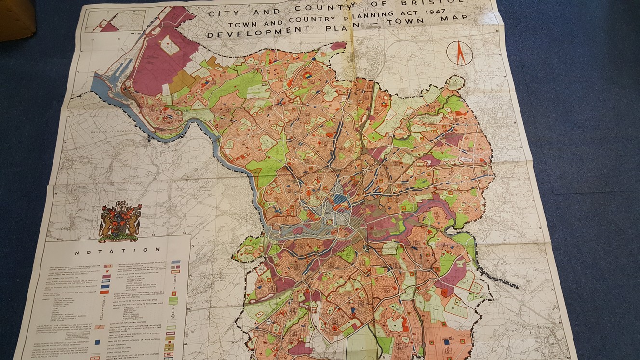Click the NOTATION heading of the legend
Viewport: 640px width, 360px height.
118,250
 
